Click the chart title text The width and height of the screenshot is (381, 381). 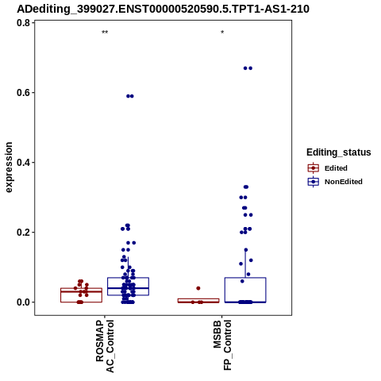pos(163,9)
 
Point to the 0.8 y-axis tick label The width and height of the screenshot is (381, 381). pos(24,23)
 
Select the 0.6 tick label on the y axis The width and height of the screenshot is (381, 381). pos(24,93)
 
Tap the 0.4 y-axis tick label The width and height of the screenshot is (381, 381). pos(24,163)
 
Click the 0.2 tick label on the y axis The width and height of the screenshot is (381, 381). pos(24,233)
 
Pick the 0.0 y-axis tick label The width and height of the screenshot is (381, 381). pos(24,302)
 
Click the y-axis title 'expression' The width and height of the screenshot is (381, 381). pos(9,167)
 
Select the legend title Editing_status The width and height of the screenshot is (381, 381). pos(339,152)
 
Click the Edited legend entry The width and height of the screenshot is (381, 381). pos(328,168)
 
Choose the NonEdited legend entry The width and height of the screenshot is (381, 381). pos(335,182)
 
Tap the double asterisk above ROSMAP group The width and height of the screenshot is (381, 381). pos(105,33)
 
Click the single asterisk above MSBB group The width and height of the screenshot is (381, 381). pos(222,33)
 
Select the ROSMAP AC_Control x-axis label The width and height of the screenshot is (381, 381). pos(105,346)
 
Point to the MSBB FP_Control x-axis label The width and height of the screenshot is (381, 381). pos(222,345)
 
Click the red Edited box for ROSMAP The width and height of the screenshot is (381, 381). pos(81,295)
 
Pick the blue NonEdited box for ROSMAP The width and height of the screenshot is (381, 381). pos(128,287)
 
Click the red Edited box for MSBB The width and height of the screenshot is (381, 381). pos(198,299)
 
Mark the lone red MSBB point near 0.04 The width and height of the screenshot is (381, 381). pos(198,288)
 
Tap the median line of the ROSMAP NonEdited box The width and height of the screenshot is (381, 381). pos(128,288)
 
